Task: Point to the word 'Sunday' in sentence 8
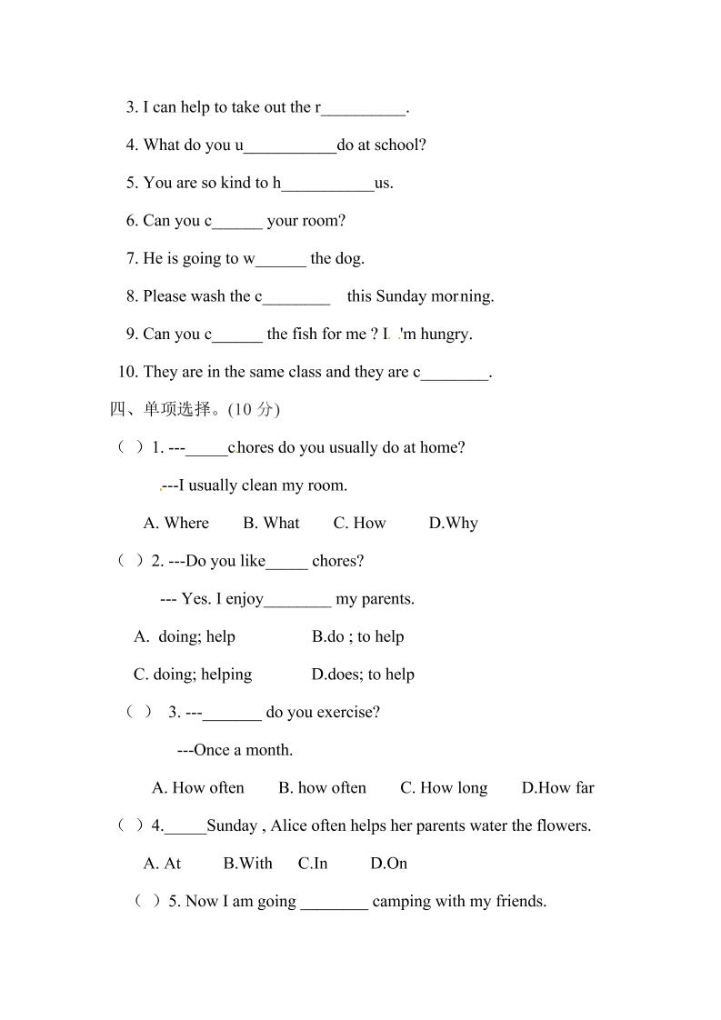pyautogui.click(x=401, y=296)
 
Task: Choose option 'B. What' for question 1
pyautogui.click(x=271, y=524)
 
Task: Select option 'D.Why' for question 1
pyautogui.click(x=453, y=524)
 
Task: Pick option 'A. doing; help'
pyautogui.click(x=185, y=637)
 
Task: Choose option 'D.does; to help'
pyautogui.click(x=363, y=675)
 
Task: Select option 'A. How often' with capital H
pyautogui.click(x=198, y=788)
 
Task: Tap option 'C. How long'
pyautogui.click(x=444, y=788)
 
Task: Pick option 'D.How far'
pyautogui.click(x=557, y=788)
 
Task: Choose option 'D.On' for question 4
pyautogui.click(x=388, y=864)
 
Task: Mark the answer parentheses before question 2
pyautogui.click(x=131, y=561)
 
